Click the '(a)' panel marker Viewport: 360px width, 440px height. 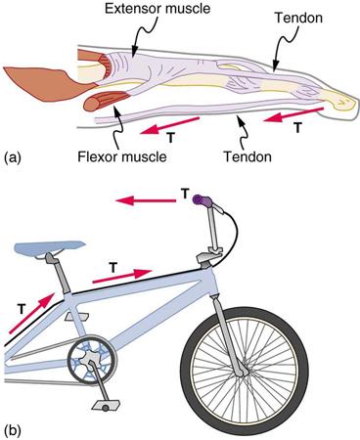tap(16, 154)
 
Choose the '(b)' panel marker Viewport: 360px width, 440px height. tap(16, 428)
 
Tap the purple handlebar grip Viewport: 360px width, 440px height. tap(203, 200)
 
